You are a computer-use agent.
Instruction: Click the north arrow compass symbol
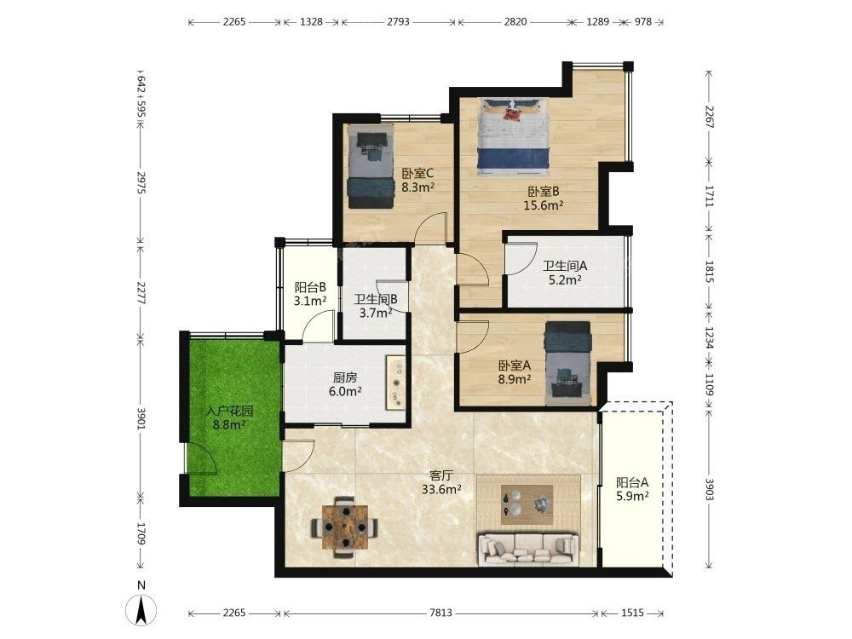141,609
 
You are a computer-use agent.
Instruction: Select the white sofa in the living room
527,550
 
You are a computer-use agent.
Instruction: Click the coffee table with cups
527,504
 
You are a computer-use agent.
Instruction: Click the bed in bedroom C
371,167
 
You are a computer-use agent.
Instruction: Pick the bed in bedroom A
567,363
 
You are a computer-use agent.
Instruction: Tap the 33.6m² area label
441,489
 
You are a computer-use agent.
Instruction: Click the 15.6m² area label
543,205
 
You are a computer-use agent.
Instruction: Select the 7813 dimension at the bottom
440,613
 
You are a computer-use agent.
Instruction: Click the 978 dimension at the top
642,22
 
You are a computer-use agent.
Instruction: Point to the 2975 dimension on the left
141,182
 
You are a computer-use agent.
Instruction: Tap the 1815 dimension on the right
709,271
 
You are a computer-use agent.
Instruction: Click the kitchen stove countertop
395,383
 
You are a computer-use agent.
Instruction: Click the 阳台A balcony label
632,482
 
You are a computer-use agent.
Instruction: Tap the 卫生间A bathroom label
565,266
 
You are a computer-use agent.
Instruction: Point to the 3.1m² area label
310,301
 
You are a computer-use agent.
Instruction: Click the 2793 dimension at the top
398,22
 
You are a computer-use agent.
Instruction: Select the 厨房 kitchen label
345,377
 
